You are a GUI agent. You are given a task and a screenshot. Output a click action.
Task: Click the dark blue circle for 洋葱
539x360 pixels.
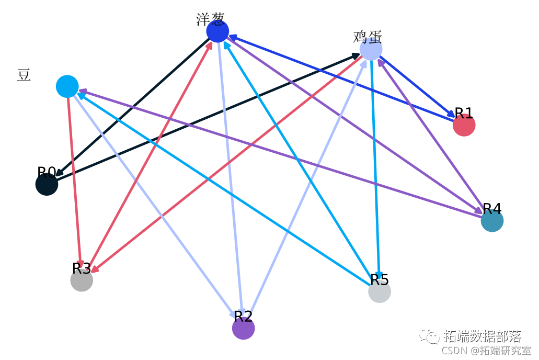[x=217, y=31]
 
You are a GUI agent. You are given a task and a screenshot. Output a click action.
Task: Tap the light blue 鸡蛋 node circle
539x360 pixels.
[x=371, y=49]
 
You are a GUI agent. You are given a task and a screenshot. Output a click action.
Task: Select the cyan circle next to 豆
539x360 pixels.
[x=67, y=86]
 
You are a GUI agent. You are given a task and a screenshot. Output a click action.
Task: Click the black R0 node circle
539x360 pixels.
[x=47, y=184]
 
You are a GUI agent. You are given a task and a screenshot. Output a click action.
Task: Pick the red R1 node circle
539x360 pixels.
[x=464, y=125]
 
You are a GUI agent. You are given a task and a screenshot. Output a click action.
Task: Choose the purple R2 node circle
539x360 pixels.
[x=243, y=328]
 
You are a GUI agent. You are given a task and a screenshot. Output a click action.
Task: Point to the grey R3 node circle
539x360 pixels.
[x=82, y=280]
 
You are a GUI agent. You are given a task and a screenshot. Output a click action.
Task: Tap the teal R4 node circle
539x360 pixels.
[x=492, y=221]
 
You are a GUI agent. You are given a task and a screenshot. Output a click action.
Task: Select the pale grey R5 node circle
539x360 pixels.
[x=380, y=291]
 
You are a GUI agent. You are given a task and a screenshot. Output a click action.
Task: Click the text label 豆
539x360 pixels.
[x=24, y=75]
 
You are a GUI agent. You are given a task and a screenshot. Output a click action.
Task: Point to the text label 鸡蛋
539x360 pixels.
[x=368, y=37]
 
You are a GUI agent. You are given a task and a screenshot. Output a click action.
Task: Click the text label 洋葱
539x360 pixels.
[x=210, y=19]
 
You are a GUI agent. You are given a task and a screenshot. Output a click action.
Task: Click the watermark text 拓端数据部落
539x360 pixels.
[x=482, y=335]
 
